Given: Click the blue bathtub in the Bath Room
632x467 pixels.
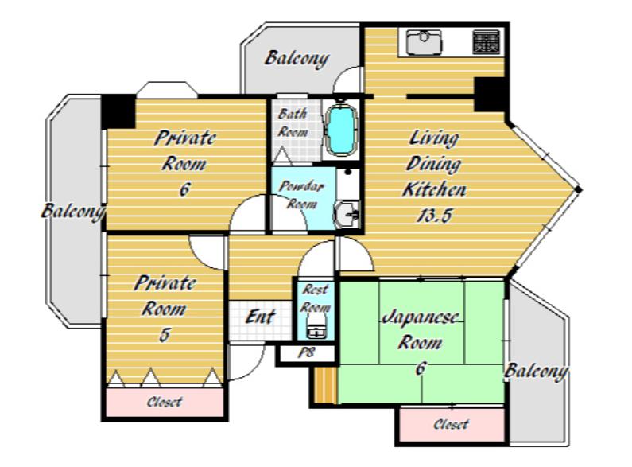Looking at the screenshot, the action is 342,130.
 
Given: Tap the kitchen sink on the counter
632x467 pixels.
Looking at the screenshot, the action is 424,42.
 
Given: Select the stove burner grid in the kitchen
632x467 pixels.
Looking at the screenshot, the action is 486,41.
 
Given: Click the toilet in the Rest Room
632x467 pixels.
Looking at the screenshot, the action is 317,326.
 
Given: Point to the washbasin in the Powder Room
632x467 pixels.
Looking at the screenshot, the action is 347,215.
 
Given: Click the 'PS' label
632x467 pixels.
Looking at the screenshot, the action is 306,352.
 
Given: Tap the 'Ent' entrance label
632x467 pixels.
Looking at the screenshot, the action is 261,317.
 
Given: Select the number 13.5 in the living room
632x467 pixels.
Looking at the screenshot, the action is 434,216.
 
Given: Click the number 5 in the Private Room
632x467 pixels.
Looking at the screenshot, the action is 164,335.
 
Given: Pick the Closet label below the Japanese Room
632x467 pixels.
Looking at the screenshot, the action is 451,424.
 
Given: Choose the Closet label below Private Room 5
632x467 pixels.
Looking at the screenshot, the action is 165,402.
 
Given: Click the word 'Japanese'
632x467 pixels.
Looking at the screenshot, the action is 420,317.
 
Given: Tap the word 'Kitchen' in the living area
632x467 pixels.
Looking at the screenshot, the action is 435,189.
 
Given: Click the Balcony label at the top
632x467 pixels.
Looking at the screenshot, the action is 297,59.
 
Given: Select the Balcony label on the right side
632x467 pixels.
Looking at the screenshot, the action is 536,372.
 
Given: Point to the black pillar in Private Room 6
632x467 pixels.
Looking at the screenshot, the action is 118,111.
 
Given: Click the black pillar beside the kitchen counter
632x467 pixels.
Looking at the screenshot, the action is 490,95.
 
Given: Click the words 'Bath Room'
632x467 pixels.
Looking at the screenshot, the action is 293,123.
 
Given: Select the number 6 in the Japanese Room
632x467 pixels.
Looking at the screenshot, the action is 420,368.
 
